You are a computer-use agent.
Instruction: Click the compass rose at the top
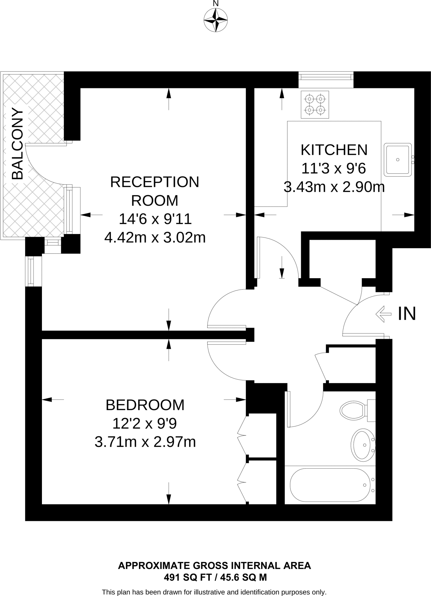tap(216, 20)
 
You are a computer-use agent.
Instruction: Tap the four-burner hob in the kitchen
tap(315, 105)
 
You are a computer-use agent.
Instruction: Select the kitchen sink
tap(398, 159)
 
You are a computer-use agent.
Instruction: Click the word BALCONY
tap(17, 144)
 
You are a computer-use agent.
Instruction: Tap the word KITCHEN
tap(334, 150)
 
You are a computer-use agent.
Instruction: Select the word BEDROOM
tap(145, 405)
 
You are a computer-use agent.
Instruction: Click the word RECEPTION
tap(155, 182)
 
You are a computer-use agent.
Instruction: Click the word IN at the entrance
tap(407, 314)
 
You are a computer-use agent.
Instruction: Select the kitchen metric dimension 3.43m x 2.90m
tap(334, 187)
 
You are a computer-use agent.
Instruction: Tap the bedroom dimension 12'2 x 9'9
tap(145, 423)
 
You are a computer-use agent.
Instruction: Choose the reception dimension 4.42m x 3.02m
tap(155, 238)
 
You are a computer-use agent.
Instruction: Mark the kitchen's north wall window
tap(326, 77)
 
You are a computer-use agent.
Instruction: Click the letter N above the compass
tap(216, 4)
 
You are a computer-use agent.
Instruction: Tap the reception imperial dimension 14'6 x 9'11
tap(155, 219)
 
